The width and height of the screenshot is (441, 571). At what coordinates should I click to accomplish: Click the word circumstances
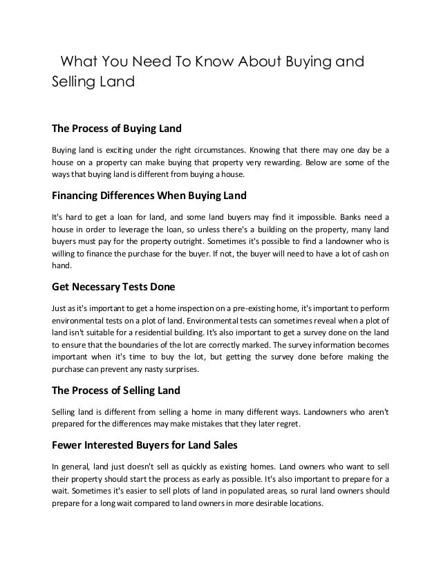(212, 149)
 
